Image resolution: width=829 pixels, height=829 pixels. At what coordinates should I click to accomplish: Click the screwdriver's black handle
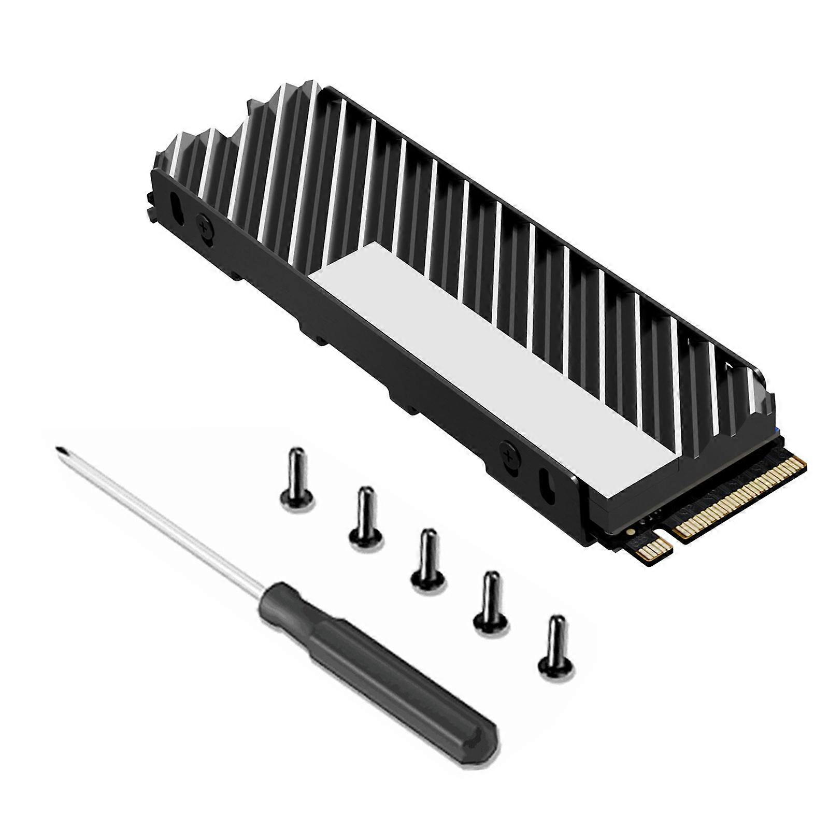pyautogui.click(x=378, y=668)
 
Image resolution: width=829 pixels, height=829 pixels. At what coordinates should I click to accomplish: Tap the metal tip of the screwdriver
pyautogui.click(x=59, y=450)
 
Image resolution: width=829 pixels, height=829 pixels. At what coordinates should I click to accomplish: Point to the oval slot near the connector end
pyautogui.click(x=547, y=482)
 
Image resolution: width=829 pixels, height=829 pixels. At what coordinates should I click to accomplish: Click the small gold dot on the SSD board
pyautogui.click(x=630, y=532)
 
